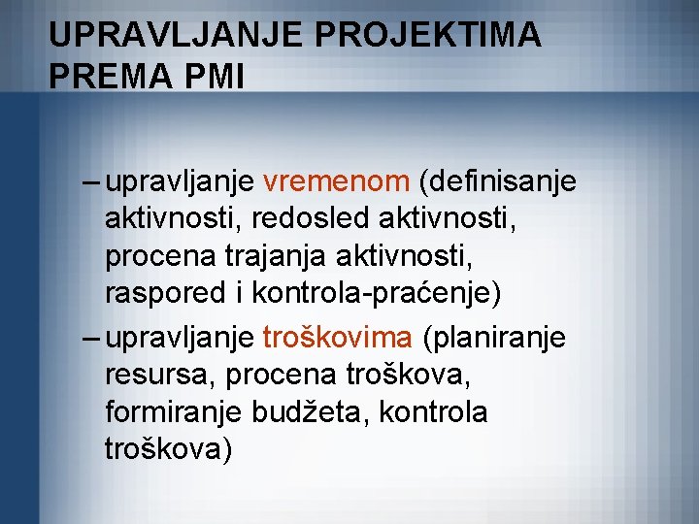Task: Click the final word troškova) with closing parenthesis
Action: click(168, 450)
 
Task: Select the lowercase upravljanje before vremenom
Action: click(182, 180)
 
